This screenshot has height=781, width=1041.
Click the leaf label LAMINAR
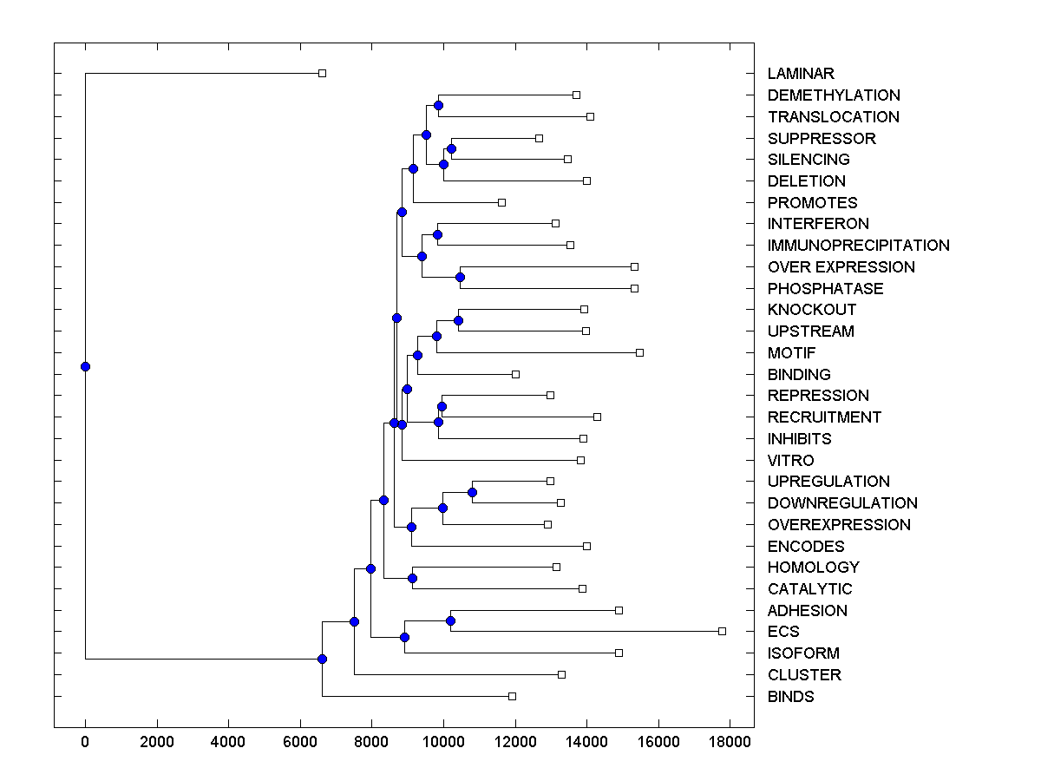[801, 74]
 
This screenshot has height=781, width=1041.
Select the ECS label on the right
[783, 632]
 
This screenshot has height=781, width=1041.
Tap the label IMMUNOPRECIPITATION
[858, 246]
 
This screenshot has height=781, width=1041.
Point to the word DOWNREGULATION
[842, 503]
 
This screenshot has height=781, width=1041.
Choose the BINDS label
[790, 697]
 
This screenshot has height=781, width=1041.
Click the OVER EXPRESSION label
[841, 267]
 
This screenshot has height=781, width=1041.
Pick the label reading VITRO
[790, 461]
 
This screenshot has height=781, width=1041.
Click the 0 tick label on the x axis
[85, 742]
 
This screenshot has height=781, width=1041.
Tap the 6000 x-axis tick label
[300, 742]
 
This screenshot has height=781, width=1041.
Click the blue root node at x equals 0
[85, 366]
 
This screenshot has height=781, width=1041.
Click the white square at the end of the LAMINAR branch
[322, 73]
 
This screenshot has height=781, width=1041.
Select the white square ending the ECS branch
[722, 631]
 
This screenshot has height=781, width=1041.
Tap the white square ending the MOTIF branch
[639, 352]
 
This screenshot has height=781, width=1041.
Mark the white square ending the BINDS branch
[512, 696]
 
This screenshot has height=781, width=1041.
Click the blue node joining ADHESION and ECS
[450, 620]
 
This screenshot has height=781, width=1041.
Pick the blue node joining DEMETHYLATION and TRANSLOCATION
[438, 105]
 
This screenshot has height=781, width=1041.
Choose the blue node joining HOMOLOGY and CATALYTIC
[412, 578]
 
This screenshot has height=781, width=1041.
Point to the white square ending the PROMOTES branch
[501, 202]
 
